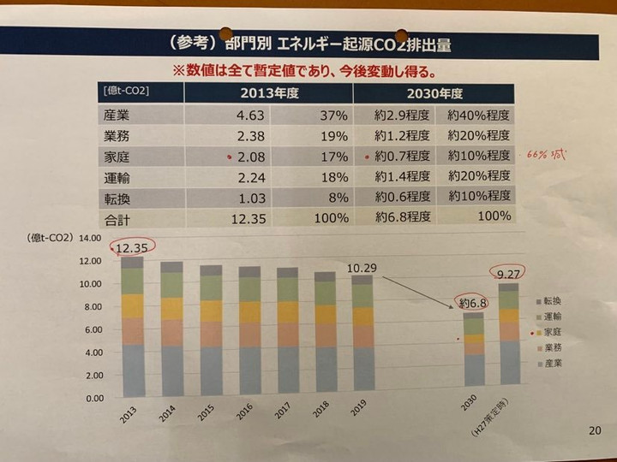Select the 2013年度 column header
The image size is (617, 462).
coord(262,92)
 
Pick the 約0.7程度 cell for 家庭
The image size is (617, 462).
coord(402,157)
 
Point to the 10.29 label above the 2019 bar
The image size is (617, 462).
coord(363,268)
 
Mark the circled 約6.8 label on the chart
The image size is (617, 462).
coord(473,304)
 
